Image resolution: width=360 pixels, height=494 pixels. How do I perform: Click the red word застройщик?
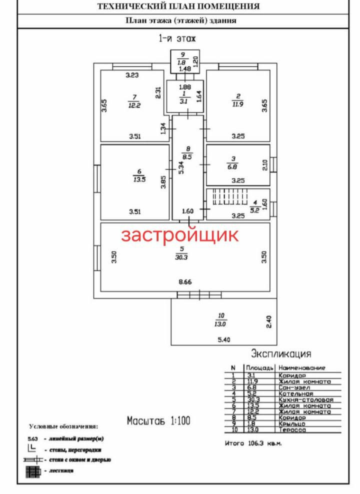[x=180, y=235]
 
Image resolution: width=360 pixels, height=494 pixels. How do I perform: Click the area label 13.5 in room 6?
[x=139, y=180]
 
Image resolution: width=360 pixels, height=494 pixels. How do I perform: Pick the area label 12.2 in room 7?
[x=133, y=106]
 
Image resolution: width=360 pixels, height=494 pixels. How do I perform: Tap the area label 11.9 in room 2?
[x=237, y=104]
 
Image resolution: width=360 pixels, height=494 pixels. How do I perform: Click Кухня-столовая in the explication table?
[x=306, y=400]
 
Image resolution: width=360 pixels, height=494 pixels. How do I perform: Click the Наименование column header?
[x=302, y=367]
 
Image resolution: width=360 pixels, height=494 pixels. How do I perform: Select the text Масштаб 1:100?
[x=158, y=420]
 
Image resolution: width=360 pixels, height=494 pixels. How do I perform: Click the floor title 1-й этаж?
[x=177, y=38]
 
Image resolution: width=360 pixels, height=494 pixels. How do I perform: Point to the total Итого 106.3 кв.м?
[x=253, y=443]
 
